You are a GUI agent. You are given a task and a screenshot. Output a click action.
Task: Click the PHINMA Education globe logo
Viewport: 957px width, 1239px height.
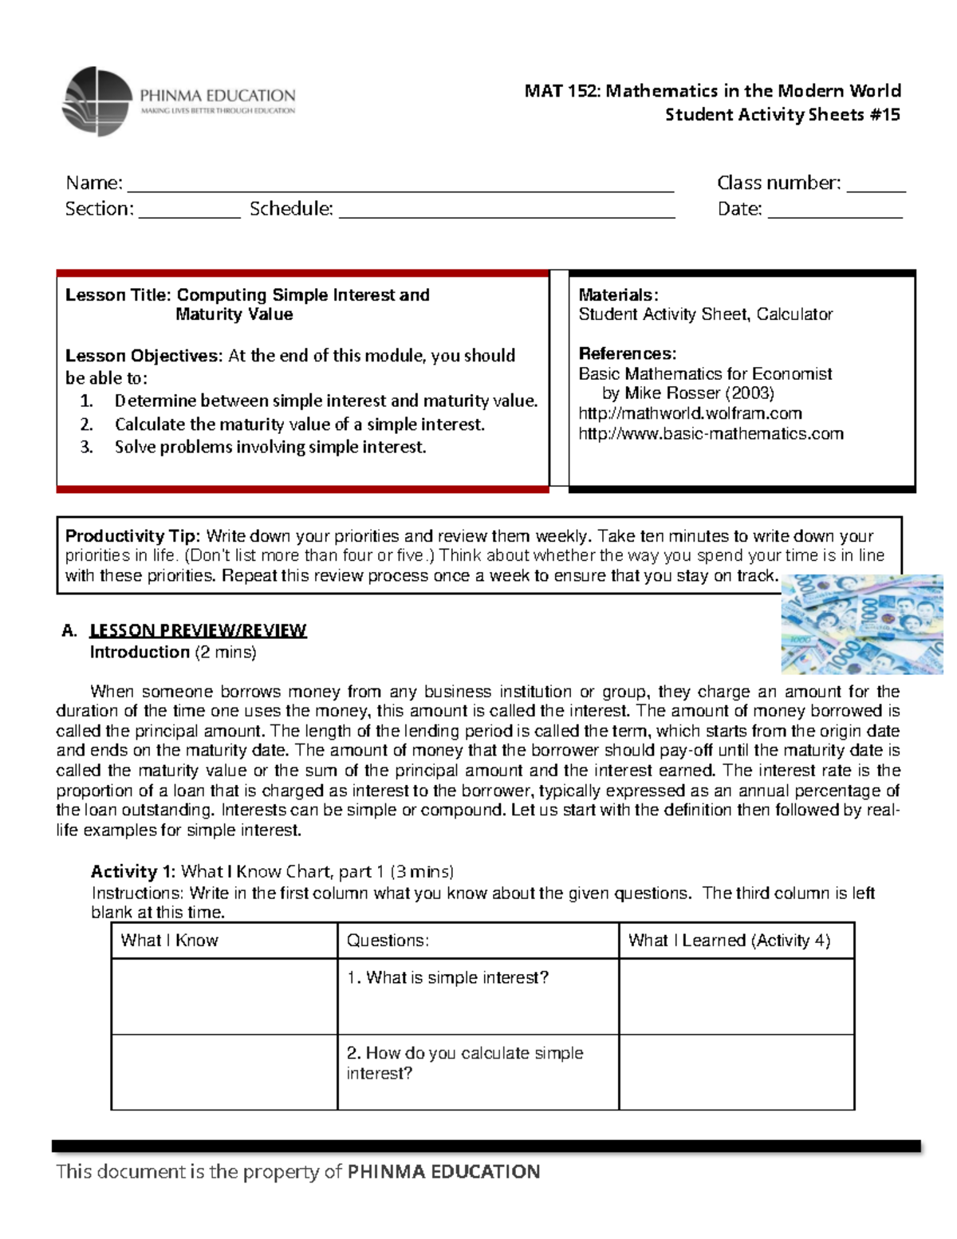pyautogui.click(x=96, y=101)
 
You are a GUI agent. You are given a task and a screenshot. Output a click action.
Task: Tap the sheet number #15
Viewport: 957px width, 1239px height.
pyautogui.click(x=884, y=115)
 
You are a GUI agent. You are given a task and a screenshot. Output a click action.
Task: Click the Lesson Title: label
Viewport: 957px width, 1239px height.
pyautogui.click(x=118, y=295)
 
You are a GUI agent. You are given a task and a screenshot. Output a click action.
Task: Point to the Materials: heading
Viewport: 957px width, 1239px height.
pyautogui.click(x=618, y=295)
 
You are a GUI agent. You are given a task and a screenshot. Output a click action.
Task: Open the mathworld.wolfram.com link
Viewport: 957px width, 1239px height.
pyautogui.click(x=690, y=413)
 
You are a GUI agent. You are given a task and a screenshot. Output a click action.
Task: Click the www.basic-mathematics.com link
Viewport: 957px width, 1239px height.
pyautogui.click(x=711, y=433)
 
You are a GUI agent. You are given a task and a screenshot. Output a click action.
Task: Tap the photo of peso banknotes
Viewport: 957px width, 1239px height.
pyautogui.click(x=861, y=624)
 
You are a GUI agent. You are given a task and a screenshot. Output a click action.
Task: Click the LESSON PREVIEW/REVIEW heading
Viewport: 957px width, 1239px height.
pyautogui.click(x=198, y=630)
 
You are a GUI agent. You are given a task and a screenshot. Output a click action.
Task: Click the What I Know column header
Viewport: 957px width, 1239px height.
pyautogui.click(x=169, y=941)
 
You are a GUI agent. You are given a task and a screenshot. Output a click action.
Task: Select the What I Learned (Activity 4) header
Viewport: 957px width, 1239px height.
pyautogui.click(x=729, y=941)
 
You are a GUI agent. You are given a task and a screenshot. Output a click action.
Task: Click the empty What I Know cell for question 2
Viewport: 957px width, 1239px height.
pyautogui.click(x=224, y=1071)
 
